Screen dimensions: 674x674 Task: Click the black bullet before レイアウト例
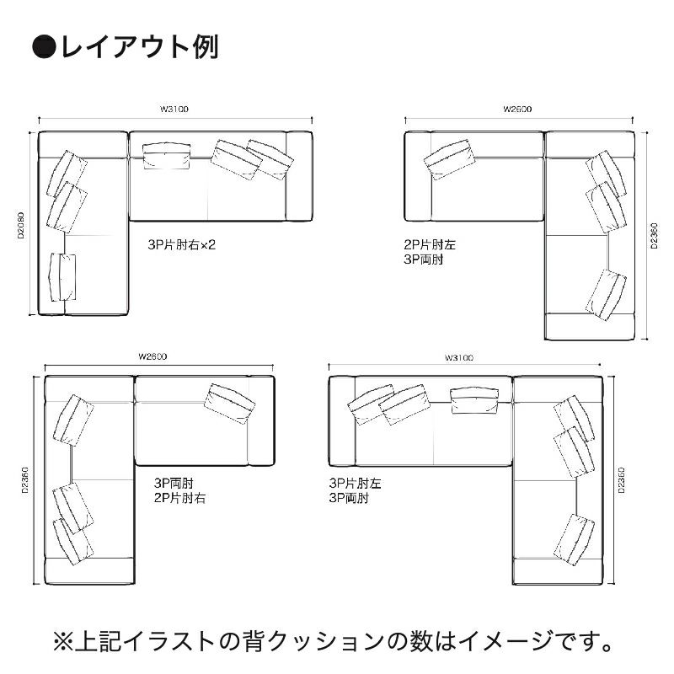click(45, 46)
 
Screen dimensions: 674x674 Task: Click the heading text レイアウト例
click(140, 46)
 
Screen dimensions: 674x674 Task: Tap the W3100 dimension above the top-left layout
click(174, 110)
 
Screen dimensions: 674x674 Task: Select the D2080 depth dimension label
click(20, 225)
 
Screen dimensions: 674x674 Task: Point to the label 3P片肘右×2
click(181, 245)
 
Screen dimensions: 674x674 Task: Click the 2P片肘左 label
click(430, 245)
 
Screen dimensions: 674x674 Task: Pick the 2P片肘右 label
click(179, 498)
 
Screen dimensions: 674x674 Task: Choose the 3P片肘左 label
click(355, 484)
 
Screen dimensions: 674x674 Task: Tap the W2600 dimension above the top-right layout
click(517, 110)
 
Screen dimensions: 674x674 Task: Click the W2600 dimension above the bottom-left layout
click(152, 356)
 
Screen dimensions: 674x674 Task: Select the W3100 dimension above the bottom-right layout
click(459, 357)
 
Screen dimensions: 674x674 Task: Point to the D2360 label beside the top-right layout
click(655, 236)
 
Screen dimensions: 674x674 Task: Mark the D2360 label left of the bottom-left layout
click(25, 479)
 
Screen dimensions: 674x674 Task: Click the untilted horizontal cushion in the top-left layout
click(167, 155)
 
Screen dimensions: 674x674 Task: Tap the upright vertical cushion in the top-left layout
click(62, 277)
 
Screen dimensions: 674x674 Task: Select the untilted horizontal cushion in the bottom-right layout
click(474, 401)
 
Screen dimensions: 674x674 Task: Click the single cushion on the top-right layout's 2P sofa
click(449, 159)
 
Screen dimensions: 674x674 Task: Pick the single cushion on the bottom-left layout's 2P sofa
click(229, 404)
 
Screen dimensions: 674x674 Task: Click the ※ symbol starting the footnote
click(62, 641)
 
